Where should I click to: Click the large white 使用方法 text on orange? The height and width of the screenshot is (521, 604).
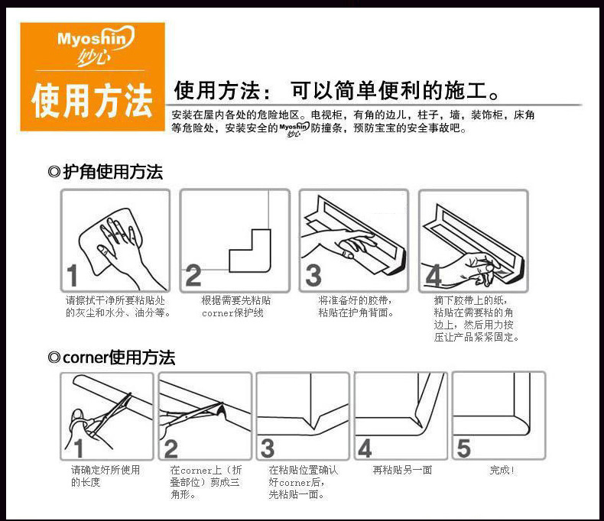point(93,101)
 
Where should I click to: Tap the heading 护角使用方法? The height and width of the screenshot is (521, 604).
point(106,172)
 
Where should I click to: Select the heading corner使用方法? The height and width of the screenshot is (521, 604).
point(112,358)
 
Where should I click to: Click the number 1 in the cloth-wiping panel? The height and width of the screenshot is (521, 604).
point(73,275)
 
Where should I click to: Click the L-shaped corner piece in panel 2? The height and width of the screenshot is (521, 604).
point(250,251)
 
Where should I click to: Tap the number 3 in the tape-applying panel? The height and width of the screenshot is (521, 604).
point(313,275)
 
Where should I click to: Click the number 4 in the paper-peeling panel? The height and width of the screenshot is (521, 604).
point(434,275)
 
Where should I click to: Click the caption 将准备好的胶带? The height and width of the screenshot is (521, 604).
point(356,300)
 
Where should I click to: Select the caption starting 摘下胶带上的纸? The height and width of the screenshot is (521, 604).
point(476,319)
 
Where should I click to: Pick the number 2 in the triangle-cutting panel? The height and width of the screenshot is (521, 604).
point(171,448)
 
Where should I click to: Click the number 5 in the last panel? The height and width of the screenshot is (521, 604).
point(463,448)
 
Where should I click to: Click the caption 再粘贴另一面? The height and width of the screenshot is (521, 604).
point(402,471)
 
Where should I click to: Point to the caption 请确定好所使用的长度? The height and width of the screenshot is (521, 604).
point(106,476)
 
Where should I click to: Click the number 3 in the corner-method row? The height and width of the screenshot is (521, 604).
point(268,448)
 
